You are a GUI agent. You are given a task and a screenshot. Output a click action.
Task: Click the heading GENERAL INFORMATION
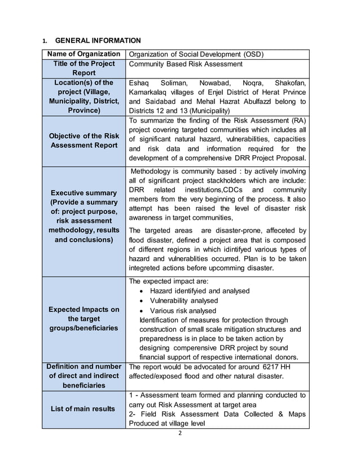pos(98,41)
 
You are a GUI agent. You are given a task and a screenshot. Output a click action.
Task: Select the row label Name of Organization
pos(84,54)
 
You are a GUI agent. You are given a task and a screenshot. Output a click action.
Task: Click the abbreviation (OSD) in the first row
pos(254,55)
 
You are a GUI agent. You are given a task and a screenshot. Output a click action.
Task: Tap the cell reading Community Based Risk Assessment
pos(184,64)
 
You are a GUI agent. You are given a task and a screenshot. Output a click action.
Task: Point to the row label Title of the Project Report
pos(84,68)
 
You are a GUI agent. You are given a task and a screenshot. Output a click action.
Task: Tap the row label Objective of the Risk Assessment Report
pos(84,140)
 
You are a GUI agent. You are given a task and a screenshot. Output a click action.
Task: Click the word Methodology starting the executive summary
pos(152,171)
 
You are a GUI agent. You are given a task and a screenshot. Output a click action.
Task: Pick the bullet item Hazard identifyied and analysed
pos(199,291)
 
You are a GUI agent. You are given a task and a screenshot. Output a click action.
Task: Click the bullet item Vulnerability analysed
pos(183,301)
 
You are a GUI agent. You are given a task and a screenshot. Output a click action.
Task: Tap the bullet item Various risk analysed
pos(183,311)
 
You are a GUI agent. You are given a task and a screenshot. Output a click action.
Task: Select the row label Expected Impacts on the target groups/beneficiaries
pos(84,319)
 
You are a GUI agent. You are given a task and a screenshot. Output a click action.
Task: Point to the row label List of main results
pos(84,408)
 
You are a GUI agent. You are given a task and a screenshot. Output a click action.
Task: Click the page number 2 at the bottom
pos(179,434)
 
